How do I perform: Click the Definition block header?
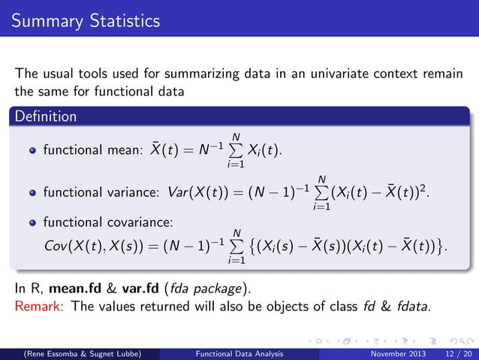[44, 116]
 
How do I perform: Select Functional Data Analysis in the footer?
[239, 352]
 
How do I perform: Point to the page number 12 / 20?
[452, 352]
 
